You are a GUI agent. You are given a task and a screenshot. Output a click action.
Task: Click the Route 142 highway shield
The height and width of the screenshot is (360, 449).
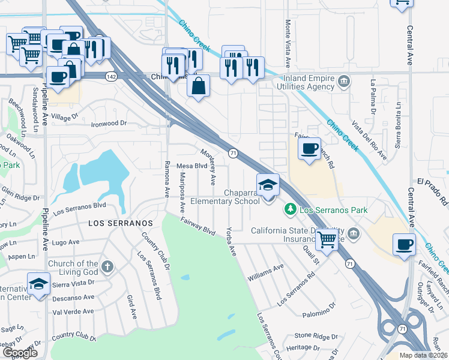pyautogui.click(x=110, y=76)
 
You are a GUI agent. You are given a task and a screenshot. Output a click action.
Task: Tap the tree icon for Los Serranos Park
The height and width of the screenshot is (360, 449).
pyautogui.click(x=290, y=209)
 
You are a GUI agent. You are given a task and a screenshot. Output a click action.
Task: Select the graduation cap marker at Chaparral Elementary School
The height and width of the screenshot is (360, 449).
pyautogui.click(x=268, y=185)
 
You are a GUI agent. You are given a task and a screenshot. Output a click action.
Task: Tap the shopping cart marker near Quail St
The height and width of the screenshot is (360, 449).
pyautogui.click(x=327, y=239)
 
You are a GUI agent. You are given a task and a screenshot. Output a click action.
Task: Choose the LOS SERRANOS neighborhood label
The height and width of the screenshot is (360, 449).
pyautogui.click(x=118, y=223)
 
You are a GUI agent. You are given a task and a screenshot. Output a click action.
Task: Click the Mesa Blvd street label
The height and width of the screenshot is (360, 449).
pyautogui.click(x=191, y=166)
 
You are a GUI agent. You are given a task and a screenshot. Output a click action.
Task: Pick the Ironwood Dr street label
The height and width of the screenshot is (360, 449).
pyautogui.click(x=109, y=123)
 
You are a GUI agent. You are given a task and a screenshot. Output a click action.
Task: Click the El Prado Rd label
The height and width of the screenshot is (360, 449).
pyautogui.click(x=432, y=181)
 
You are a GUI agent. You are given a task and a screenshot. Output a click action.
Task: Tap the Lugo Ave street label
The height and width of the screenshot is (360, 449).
pyautogui.click(x=66, y=242)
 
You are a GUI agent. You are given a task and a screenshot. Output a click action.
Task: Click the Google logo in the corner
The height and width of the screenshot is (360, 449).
pyautogui.click(x=20, y=353)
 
